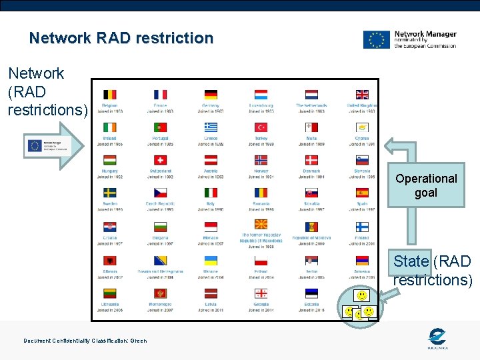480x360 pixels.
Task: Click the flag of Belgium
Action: [110, 95]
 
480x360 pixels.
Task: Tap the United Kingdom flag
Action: [362, 95]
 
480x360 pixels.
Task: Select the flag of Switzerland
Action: [160, 160]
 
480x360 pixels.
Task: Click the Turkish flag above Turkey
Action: [261, 127]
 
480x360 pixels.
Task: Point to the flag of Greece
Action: [211, 127]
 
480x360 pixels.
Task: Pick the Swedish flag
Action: [110, 193]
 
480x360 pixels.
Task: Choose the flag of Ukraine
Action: [211, 261]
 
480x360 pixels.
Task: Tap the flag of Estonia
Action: [311, 293]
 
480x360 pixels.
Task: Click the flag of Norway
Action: [261, 160]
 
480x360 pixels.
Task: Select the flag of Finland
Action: [362, 225]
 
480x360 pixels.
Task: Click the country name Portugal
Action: [160, 139]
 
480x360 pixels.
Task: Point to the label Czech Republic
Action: [160, 204]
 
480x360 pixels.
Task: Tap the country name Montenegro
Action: [160, 305]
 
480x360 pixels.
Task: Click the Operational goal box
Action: [426, 185]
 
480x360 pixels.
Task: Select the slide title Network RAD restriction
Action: [121, 38]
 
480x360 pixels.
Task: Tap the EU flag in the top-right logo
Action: [376, 39]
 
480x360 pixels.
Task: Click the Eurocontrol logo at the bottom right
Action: [437, 339]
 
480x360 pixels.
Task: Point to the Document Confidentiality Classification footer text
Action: [85, 341]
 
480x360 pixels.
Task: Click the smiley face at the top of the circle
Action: [361, 295]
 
